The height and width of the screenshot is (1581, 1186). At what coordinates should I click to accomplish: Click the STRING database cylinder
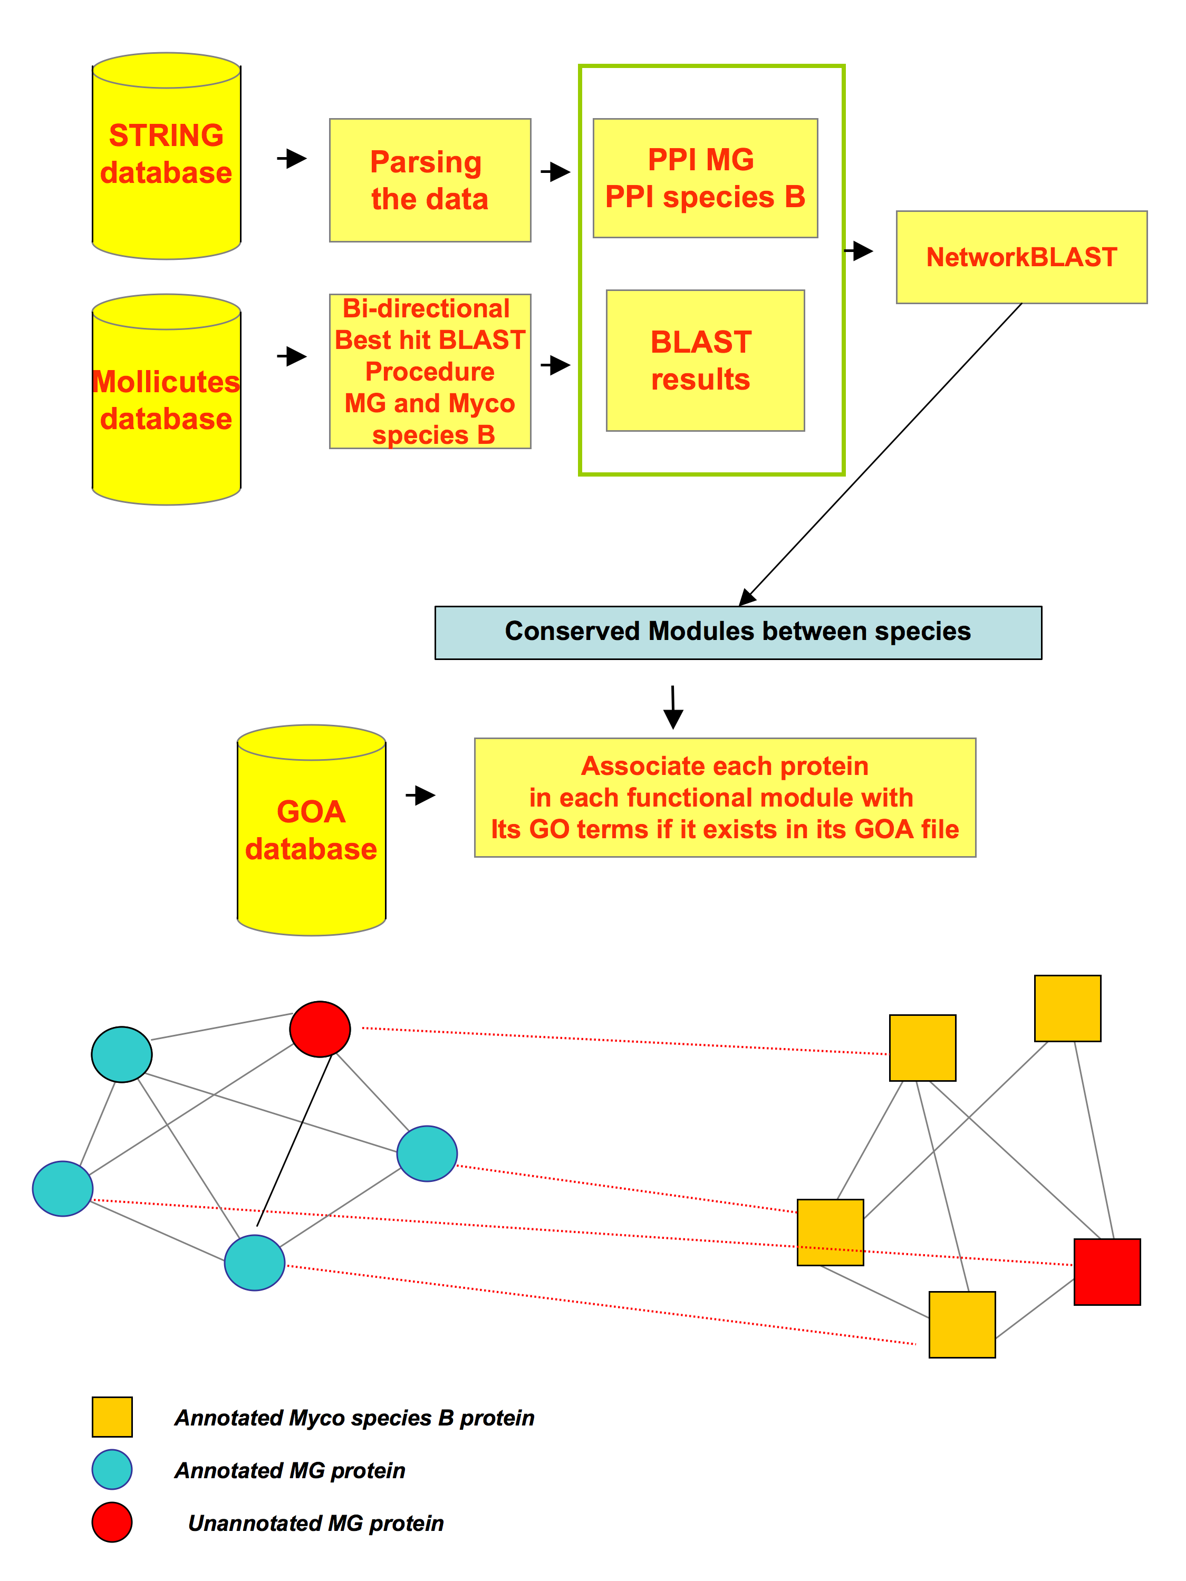pyautogui.click(x=166, y=156)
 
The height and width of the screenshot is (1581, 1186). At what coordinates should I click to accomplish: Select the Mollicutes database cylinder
pyautogui.click(x=166, y=400)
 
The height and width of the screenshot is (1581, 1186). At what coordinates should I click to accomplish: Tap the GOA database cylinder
pyautogui.click(x=311, y=830)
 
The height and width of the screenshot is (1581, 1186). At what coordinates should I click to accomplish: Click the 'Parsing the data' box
pyautogui.click(x=430, y=180)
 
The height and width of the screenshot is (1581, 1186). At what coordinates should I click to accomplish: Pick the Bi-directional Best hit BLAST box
pyautogui.click(x=430, y=371)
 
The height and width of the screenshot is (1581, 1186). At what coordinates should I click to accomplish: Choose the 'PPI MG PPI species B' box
pyautogui.click(x=705, y=178)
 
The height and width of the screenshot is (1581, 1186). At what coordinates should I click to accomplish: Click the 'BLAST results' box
pyautogui.click(x=705, y=360)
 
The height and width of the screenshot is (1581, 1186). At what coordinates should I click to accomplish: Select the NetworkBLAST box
pyautogui.click(x=1021, y=257)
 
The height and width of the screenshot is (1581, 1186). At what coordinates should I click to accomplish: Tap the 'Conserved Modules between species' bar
pyautogui.click(x=738, y=633)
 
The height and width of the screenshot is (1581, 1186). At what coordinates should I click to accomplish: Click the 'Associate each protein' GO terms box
pyautogui.click(x=725, y=798)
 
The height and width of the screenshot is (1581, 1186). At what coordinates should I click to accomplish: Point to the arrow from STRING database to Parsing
pyautogui.click(x=292, y=158)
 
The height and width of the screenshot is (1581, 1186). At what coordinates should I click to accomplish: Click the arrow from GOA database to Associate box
pyautogui.click(x=420, y=795)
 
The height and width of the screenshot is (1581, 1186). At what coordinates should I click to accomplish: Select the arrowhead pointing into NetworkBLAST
pyautogui.click(x=864, y=251)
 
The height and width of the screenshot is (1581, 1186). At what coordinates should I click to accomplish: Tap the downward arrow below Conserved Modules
pyautogui.click(x=673, y=707)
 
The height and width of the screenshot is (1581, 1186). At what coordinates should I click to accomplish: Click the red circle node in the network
pyautogui.click(x=320, y=1029)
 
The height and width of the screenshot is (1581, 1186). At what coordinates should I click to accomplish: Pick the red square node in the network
pyautogui.click(x=1107, y=1272)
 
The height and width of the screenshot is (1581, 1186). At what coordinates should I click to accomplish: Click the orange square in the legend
pyautogui.click(x=112, y=1417)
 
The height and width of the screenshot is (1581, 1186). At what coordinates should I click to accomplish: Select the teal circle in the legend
pyautogui.click(x=112, y=1469)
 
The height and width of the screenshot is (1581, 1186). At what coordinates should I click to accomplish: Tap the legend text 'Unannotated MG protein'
pyautogui.click(x=315, y=1522)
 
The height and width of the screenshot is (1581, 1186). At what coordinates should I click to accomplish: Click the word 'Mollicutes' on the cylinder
pyautogui.click(x=166, y=382)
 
